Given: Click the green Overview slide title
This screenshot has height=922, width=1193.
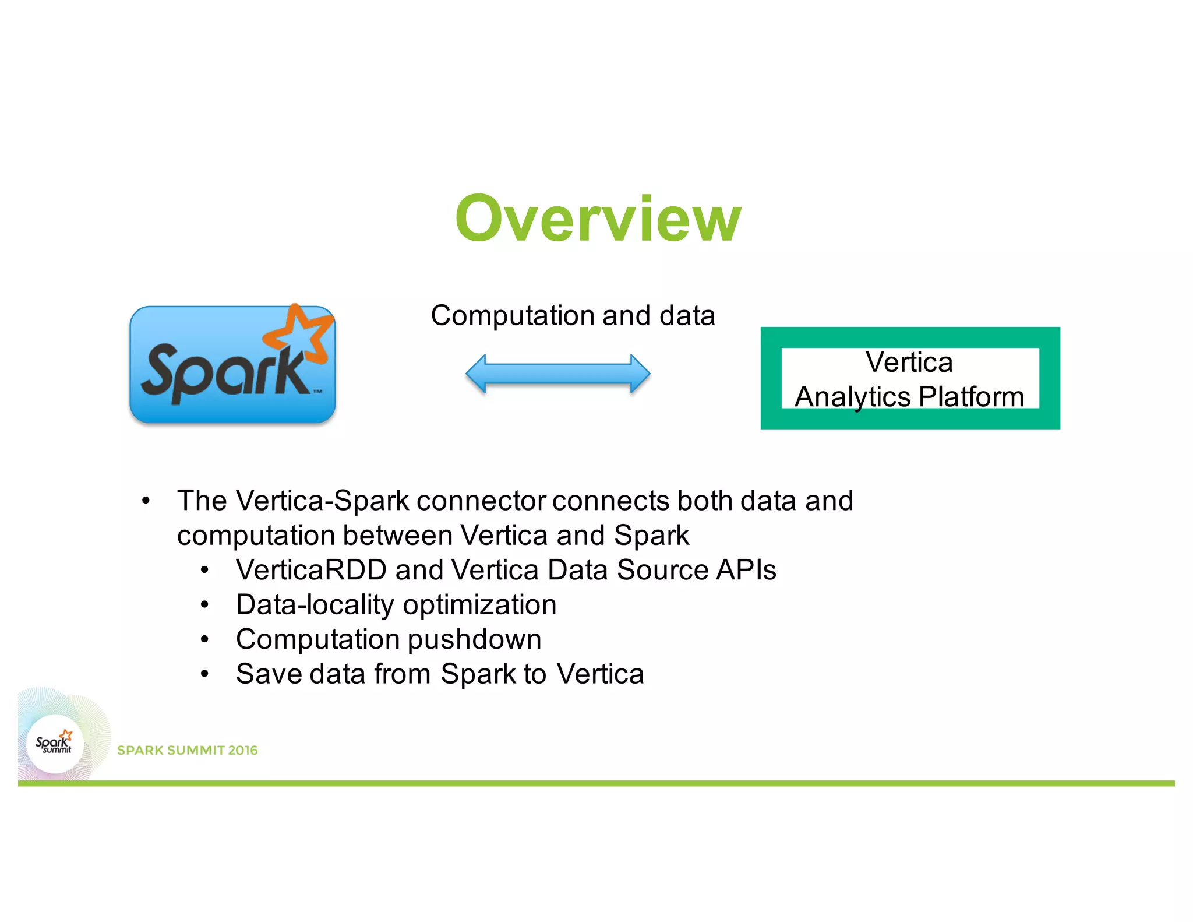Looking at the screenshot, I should tap(598, 219).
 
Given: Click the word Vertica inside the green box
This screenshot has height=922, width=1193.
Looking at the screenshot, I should tap(909, 362).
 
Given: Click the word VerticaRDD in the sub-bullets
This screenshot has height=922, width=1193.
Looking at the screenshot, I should tap(311, 570).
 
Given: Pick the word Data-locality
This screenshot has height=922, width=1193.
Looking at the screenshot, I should tap(315, 605).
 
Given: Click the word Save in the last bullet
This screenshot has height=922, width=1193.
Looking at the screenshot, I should tap(269, 674).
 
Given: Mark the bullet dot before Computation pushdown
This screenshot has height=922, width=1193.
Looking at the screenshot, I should tap(204, 640).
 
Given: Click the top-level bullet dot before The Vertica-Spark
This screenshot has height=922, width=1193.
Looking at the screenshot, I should tap(146, 501).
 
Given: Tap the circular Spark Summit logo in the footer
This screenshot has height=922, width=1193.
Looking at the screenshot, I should tap(55, 744).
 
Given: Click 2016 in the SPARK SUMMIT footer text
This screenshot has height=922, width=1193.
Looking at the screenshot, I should tap(242, 751).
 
